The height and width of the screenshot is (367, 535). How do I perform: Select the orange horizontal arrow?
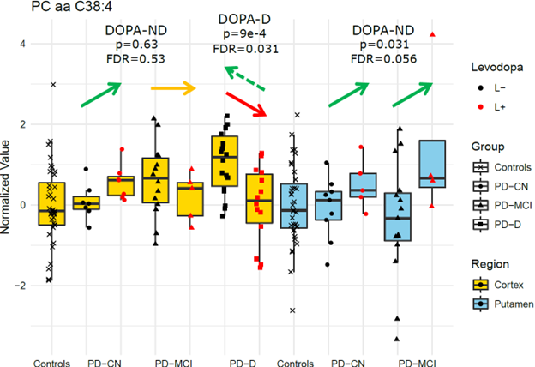174,87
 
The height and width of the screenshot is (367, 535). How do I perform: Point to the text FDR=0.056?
384,60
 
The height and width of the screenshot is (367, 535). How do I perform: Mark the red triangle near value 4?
433,33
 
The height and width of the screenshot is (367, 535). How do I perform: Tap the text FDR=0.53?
135,58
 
